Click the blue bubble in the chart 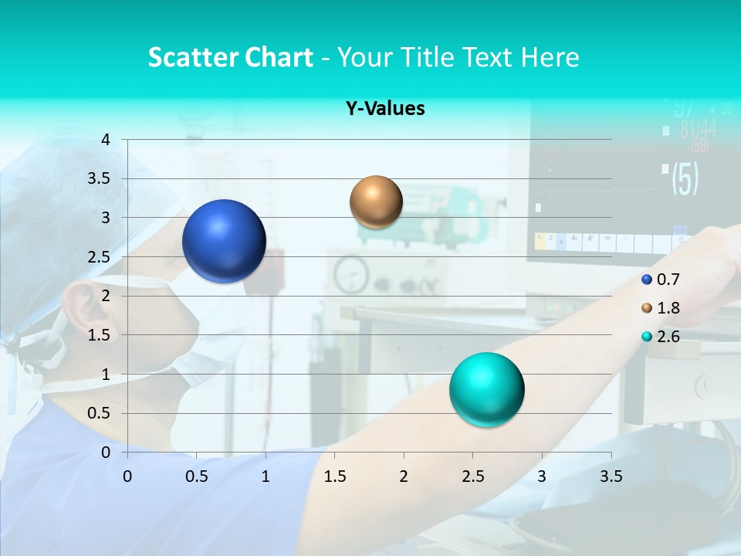click(x=224, y=241)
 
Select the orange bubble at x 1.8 click(x=376, y=202)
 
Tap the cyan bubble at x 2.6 click(x=486, y=389)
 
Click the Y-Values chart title click(x=385, y=109)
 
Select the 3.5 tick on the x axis click(x=611, y=476)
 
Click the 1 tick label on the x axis click(x=266, y=476)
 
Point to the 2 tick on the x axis click(x=404, y=476)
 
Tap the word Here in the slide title click(x=550, y=57)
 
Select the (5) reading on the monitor click(x=685, y=178)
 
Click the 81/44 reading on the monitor click(x=698, y=129)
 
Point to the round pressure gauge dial click(x=351, y=273)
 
